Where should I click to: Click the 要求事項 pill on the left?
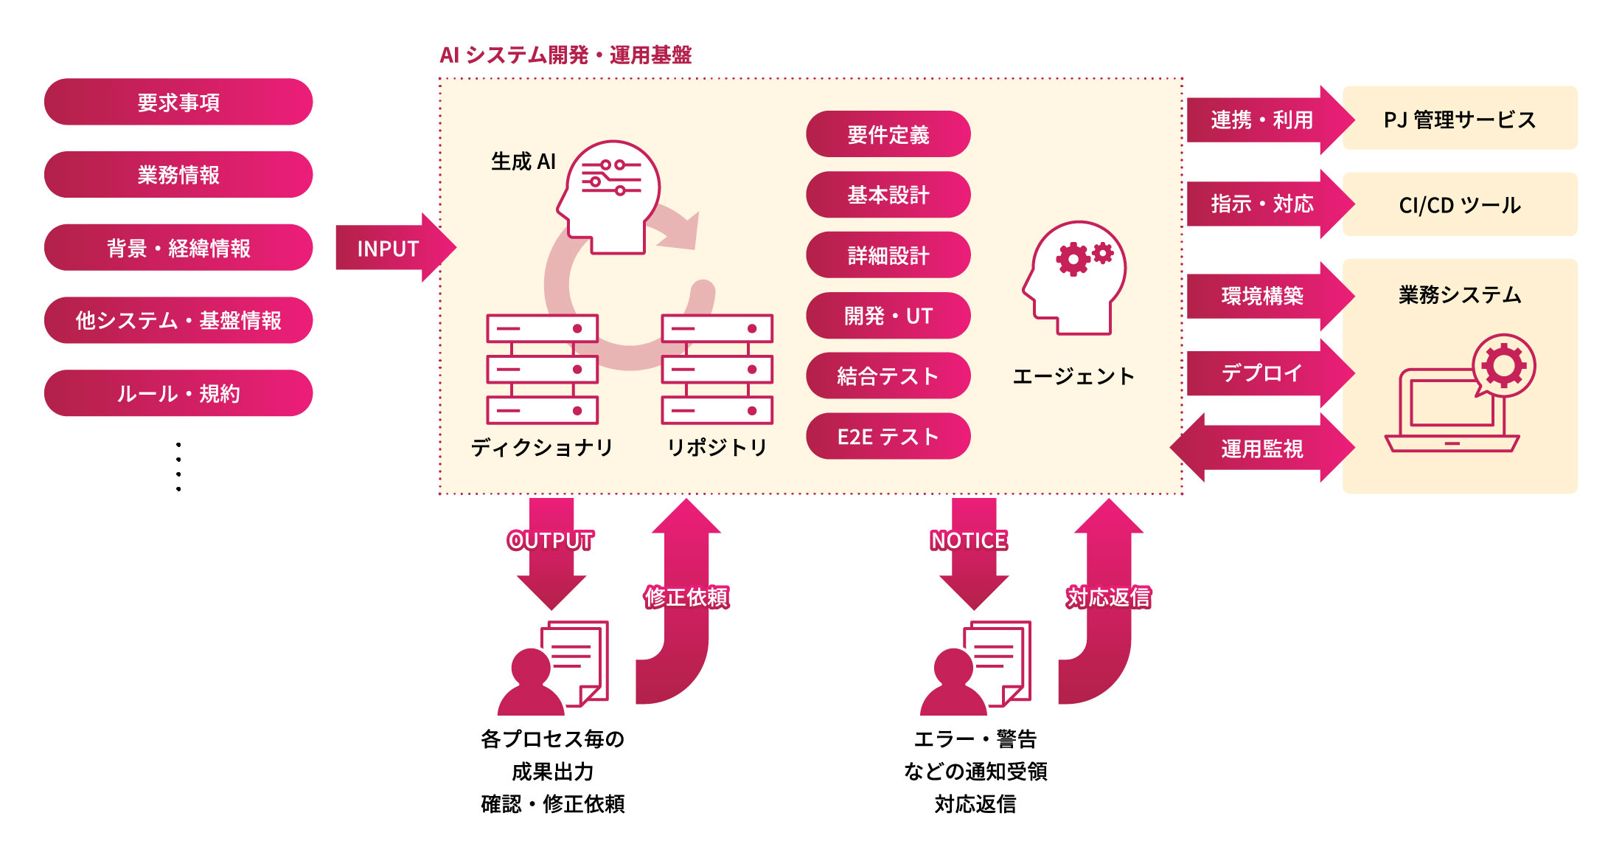pos(178,102)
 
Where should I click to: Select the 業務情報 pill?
pos(178,175)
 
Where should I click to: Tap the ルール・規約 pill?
pos(178,393)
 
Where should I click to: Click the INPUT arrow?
pos(391,248)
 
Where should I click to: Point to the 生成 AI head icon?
pos(609,196)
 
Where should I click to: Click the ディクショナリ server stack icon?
pos(542,369)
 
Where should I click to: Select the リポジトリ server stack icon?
pos(717,369)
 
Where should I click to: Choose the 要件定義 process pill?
pos(888,134)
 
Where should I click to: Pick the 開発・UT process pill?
pos(888,316)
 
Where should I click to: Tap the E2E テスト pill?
pos(888,437)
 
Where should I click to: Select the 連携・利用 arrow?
pos(1264,120)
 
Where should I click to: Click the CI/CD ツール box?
pos(1459,204)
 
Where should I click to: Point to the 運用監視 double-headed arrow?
pos(1261,448)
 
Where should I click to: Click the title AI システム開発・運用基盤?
pos(565,55)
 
